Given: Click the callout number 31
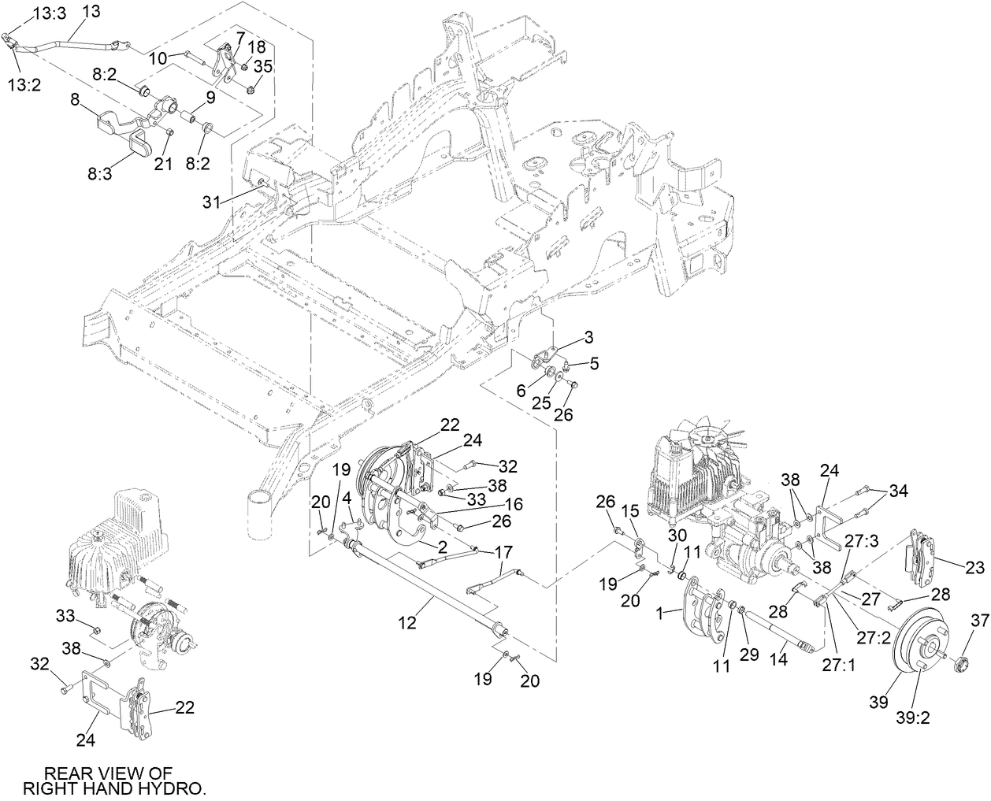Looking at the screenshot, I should tap(210, 202).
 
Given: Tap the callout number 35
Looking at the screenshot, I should tap(263, 67).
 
